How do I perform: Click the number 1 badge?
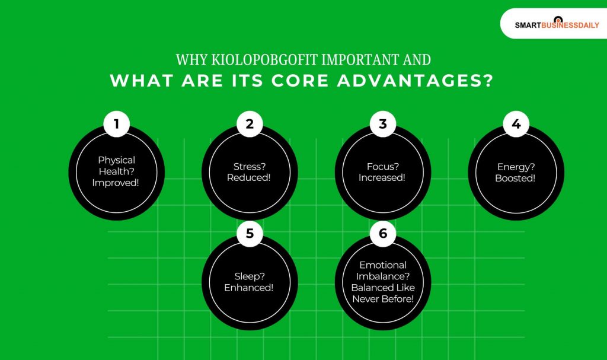[117, 124]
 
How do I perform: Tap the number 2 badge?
[250, 124]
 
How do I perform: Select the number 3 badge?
[383, 124]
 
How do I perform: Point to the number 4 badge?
[516, 124]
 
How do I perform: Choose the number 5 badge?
[250, 233]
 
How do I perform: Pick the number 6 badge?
[383, 233]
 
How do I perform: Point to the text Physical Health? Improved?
[117, 171]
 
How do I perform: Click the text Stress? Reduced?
[250, 171]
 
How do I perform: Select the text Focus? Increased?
[382, 171]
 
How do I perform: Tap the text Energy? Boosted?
[515, 171]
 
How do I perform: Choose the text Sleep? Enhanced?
[250, 282]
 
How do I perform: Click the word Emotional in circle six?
[382, 265]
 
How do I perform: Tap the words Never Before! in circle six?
[383, 298]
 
